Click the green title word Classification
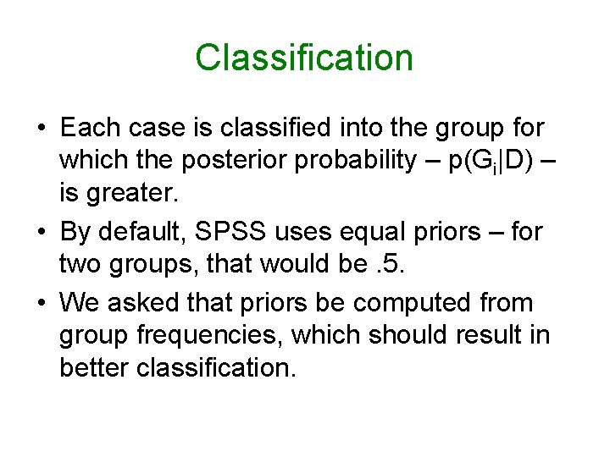pos(304,58)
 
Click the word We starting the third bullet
pos(80,301)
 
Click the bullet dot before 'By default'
pos(42,232)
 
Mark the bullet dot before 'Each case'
pos(42,129)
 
